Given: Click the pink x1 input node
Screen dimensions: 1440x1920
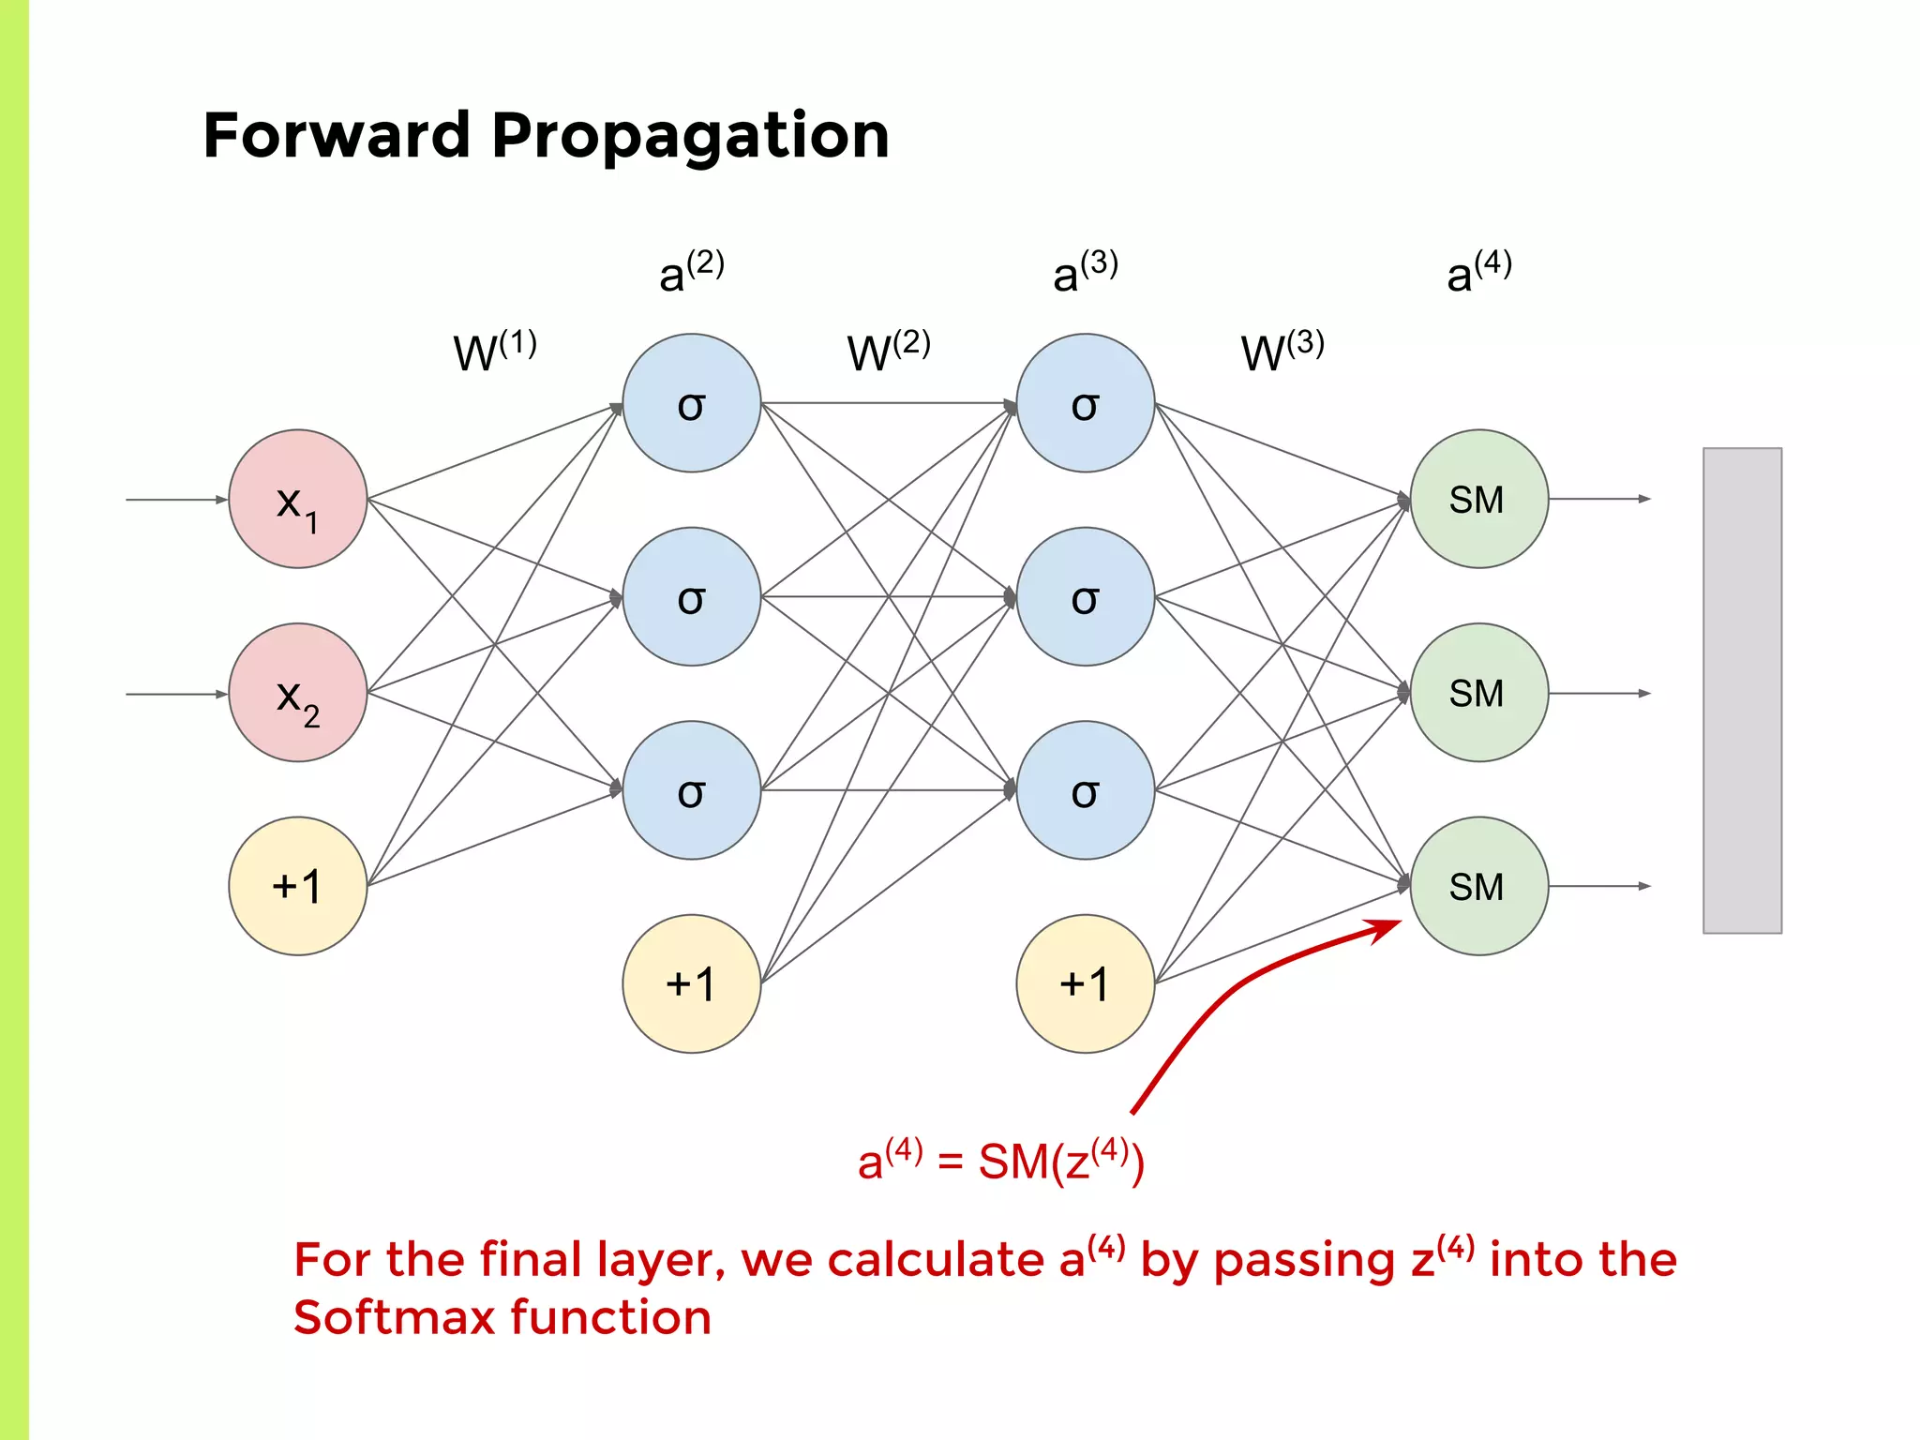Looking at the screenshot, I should click(298, 499).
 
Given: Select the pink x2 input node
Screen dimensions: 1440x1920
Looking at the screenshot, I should click(298, 693).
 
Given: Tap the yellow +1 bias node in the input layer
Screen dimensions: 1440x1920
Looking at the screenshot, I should click(298, 886).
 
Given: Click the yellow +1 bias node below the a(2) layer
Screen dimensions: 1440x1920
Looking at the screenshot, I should click(692, 983).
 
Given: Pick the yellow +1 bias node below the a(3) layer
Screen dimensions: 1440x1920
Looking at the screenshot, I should click(1086, 983).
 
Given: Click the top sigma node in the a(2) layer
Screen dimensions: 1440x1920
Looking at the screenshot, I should click(692, 403).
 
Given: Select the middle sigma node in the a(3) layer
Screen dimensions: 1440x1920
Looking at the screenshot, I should click(1086, 596).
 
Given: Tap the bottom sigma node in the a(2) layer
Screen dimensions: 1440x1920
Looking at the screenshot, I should click(692, 790).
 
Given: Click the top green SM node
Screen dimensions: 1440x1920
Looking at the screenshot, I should click(1478, 499).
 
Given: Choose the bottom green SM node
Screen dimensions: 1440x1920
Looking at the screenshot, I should click(1478, 886).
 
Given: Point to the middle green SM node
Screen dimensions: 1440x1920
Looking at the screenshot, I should click(1478, 693).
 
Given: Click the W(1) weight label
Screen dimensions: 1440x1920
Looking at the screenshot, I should click(494, 352).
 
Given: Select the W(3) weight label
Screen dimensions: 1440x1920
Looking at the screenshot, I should click(1282, 352).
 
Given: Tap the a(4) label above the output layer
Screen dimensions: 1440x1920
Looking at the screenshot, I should click(1478, 272).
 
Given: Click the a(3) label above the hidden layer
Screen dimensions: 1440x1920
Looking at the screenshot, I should click(1085, 272).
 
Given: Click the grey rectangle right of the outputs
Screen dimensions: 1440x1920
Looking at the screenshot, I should click(1742, 690).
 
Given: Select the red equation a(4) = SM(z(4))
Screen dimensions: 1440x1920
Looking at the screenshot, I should click(1000, 1161).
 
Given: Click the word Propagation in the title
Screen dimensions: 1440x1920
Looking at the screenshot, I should click(690, 137).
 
